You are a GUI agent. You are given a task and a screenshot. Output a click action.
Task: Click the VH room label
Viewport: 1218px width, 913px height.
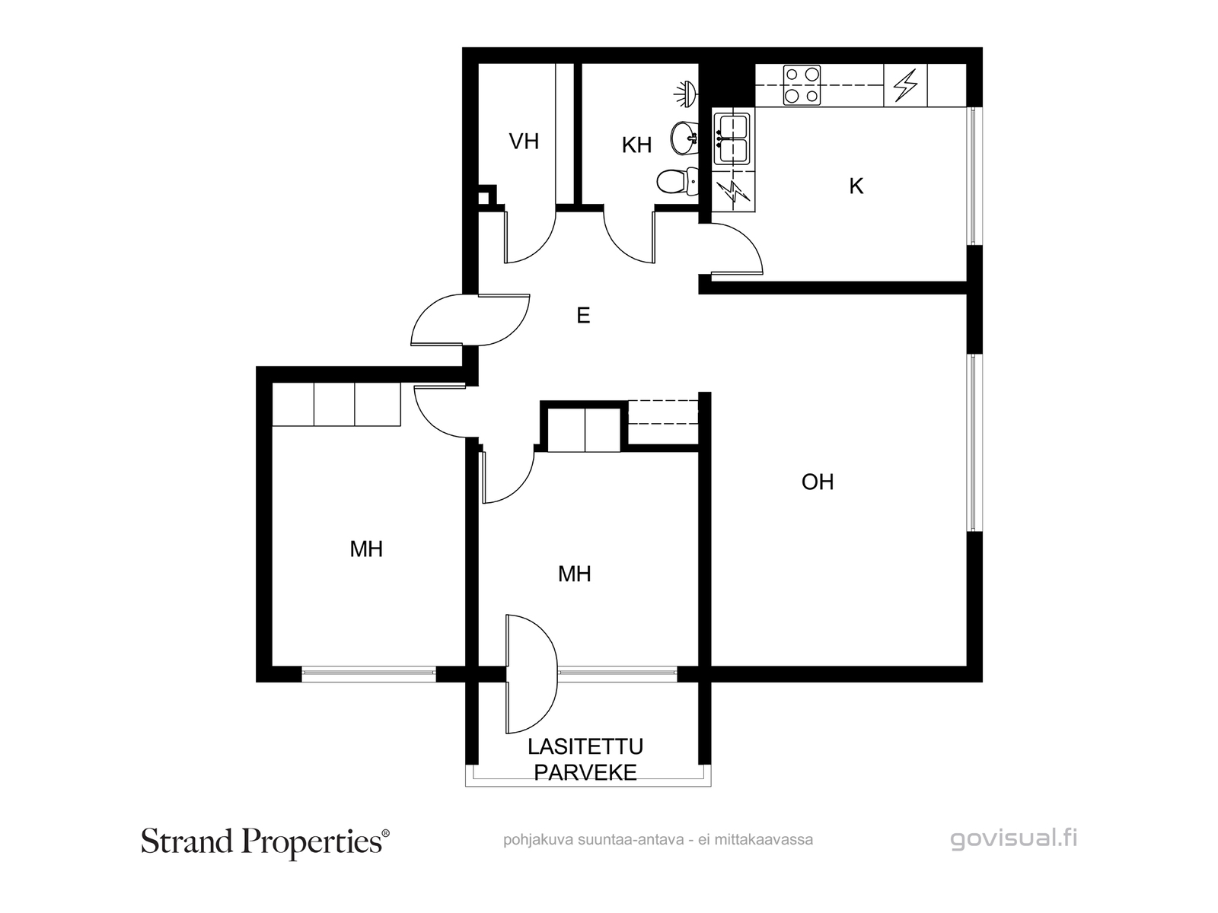[524, 142]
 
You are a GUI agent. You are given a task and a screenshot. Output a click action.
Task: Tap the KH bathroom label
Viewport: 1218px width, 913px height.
[636, 145]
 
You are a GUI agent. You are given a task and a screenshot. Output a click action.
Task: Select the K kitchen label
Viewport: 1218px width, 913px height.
[856, 186]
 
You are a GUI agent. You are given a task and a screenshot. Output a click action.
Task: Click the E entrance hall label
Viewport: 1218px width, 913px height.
[583, 316]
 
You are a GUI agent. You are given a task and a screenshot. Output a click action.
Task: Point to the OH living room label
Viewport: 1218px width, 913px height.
[818, 482]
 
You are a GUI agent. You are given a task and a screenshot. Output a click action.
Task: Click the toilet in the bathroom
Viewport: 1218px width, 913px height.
[672, 182]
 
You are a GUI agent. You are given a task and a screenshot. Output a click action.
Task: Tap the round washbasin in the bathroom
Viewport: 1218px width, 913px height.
[684, 138]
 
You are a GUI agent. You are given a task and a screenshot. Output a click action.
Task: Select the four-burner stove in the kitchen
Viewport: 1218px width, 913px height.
[803, 85]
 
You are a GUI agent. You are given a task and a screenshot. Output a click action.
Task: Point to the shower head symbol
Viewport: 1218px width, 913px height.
[686, 93]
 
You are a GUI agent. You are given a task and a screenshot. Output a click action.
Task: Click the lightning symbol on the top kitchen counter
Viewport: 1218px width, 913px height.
[905, 85]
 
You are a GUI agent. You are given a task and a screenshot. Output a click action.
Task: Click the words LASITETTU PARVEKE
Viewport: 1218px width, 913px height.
[585, 759]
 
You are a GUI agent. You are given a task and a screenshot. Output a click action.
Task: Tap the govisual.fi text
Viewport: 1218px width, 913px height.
[1014, 839]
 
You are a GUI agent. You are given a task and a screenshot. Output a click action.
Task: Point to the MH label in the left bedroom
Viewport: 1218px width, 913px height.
[366, 549]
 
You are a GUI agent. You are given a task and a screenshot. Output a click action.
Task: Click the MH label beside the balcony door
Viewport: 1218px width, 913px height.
[575, 574]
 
